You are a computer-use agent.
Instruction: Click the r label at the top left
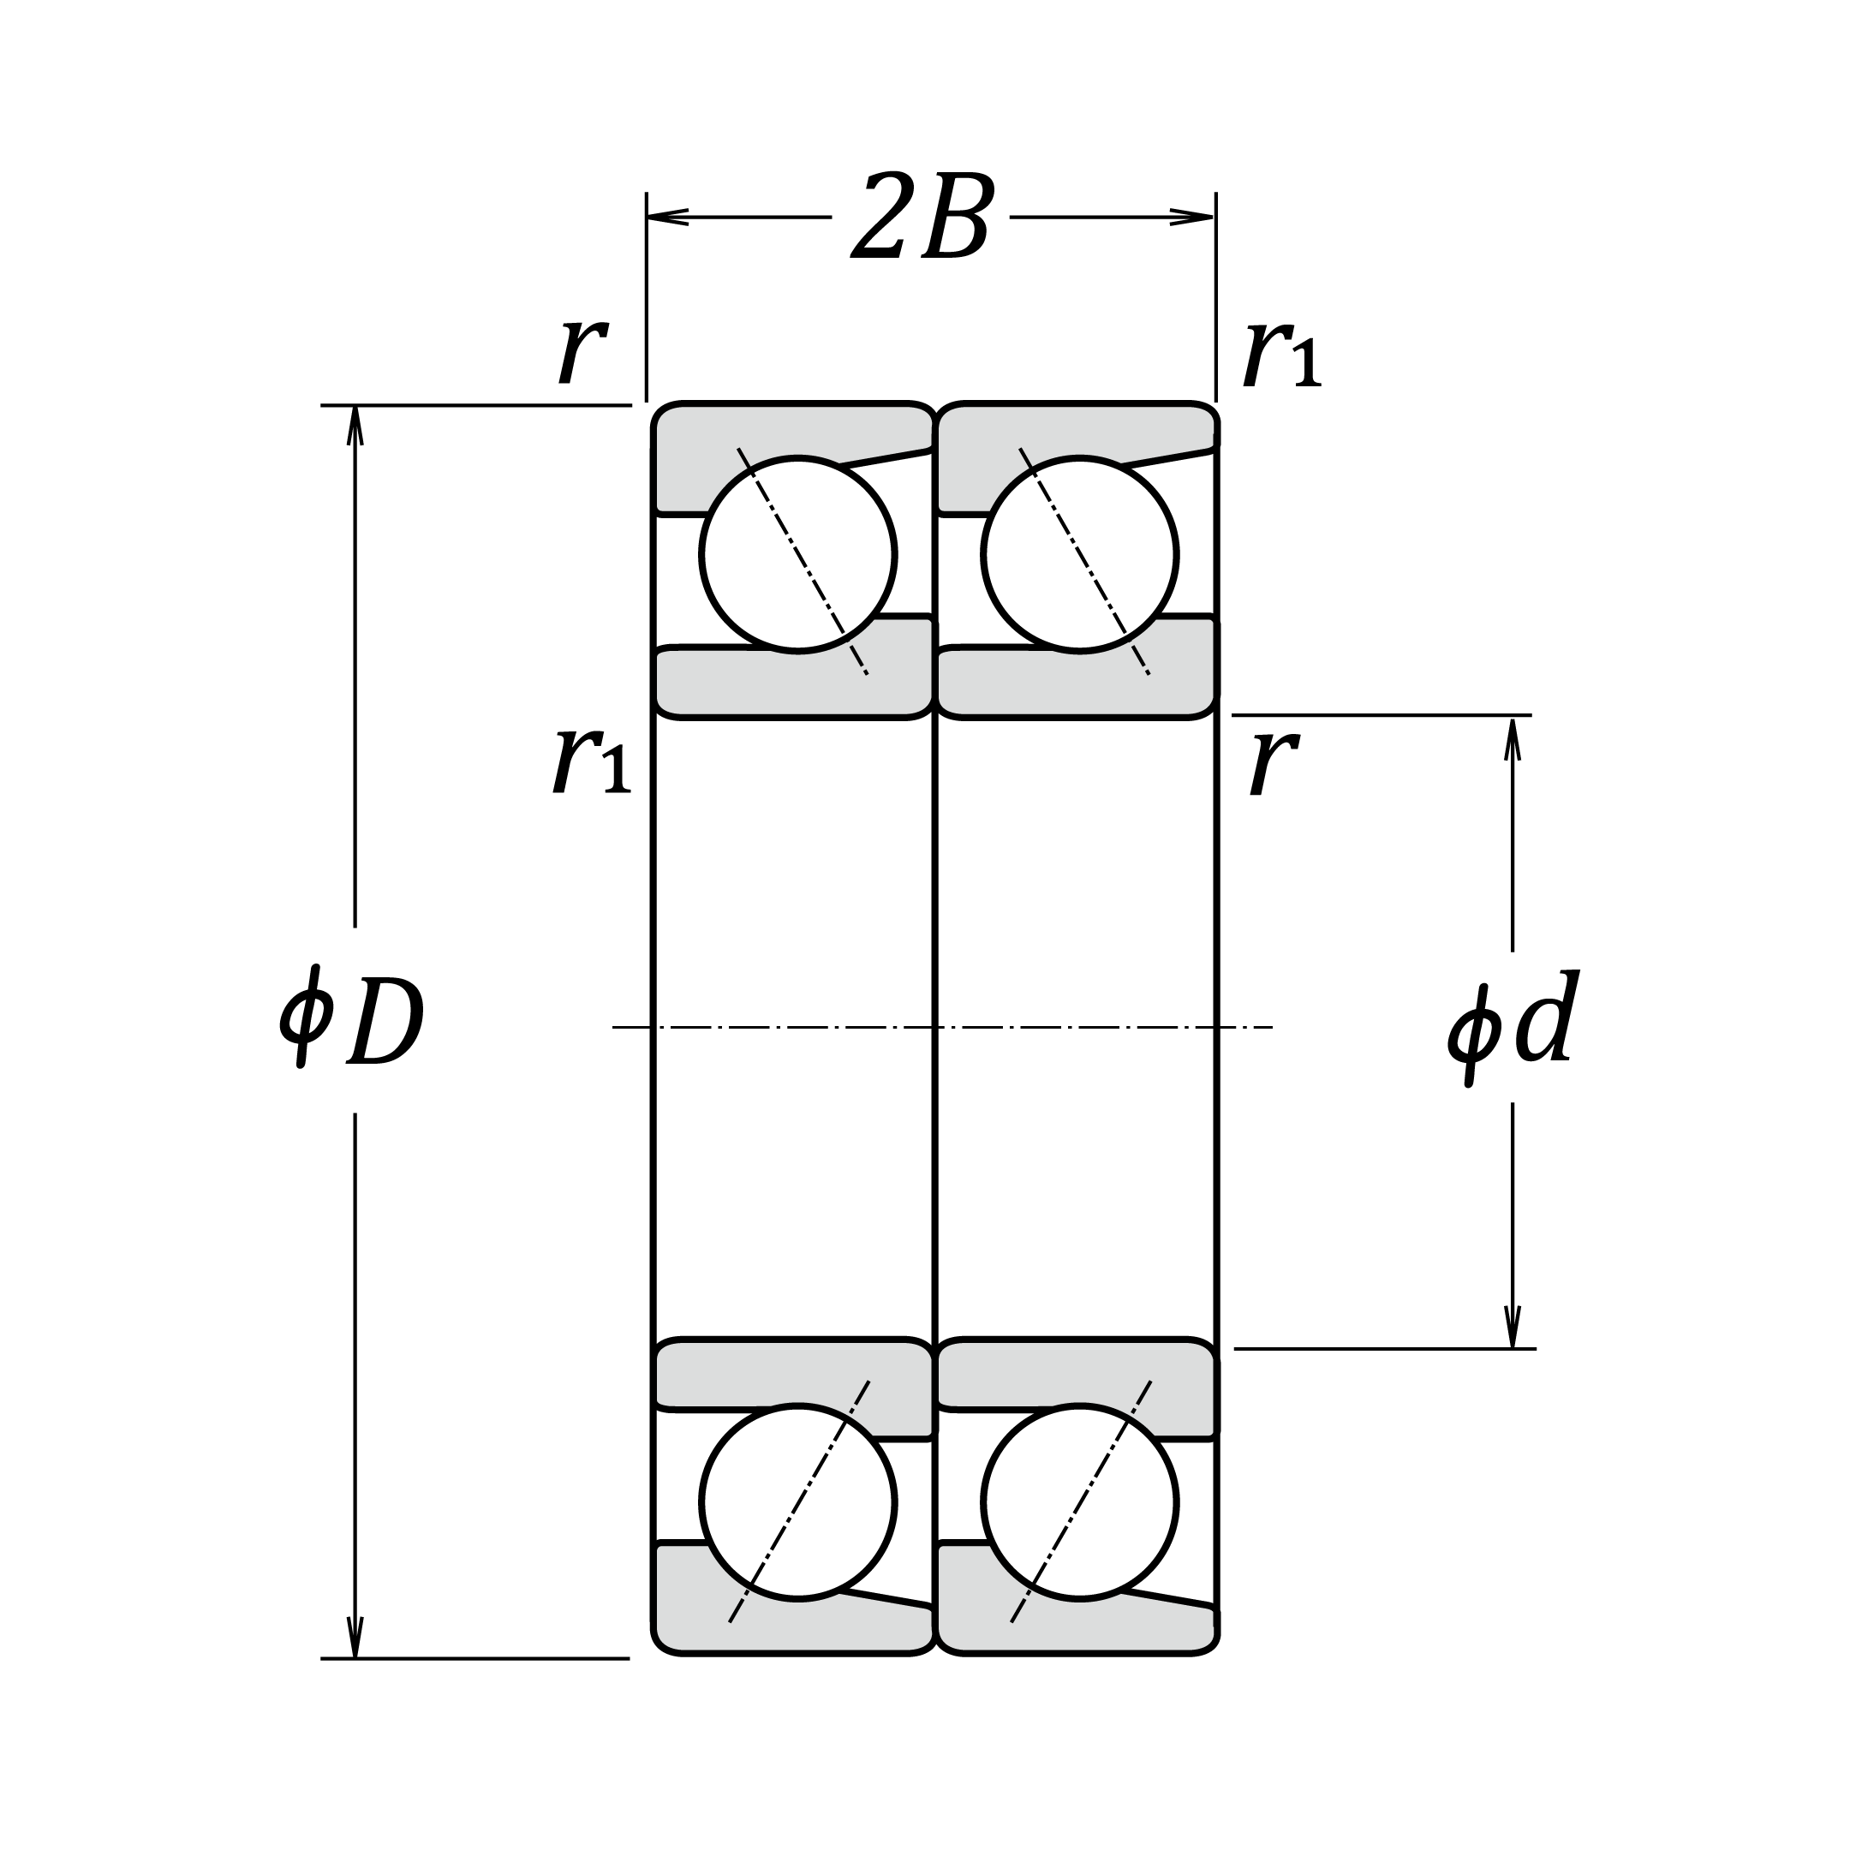(582, 350)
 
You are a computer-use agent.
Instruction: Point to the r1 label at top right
(1280, 355)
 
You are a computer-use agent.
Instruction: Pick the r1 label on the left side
(590, 761)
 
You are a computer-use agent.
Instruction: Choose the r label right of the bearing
(1274, 764)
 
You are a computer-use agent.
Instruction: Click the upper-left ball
(798, 554)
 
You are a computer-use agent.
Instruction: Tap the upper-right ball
(1080, 554)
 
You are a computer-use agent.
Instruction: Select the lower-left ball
(798, 1501)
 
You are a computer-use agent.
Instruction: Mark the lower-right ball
(1080, 1501)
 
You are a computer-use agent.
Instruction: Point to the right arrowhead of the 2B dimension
(1194, 217)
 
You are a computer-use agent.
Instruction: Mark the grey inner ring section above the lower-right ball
(1076, 1373)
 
